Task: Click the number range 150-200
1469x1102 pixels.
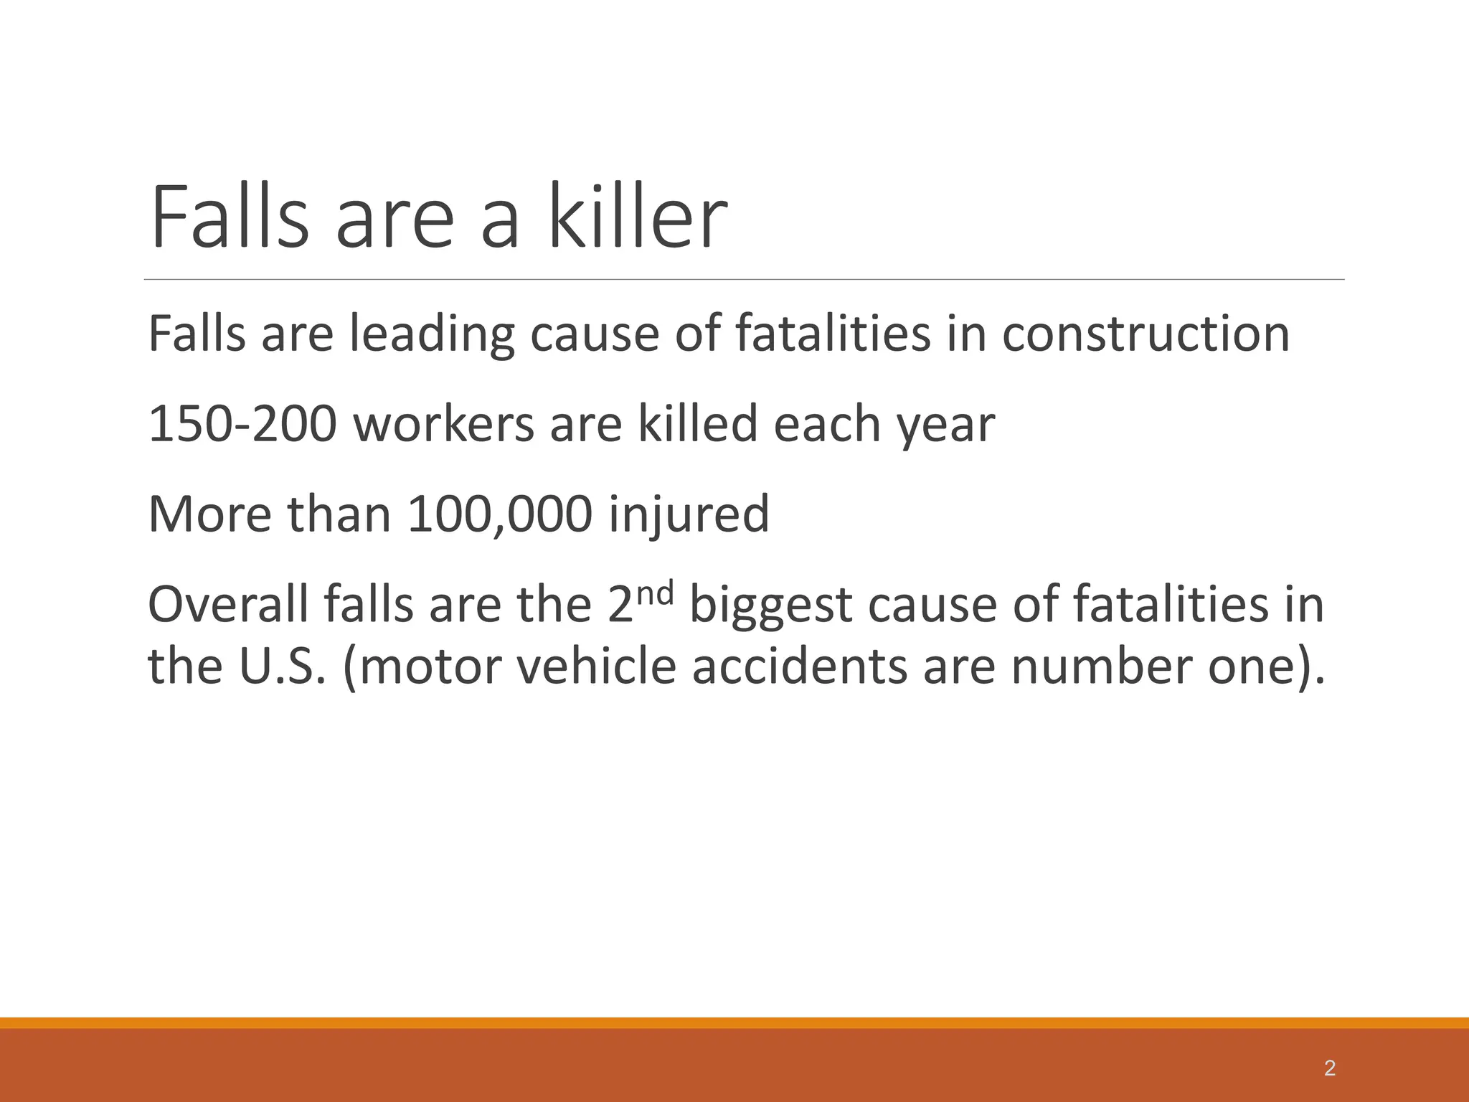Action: (x=242, y=424)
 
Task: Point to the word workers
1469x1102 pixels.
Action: (x=444, y=424)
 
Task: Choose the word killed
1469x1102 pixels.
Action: (x=698, y=424)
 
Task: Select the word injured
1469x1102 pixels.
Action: (x=689, y=515)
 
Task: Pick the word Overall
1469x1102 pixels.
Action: (x=228, y=604)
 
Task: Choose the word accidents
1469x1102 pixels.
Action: (x=799, y=666)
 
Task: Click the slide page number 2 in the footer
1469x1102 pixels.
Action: (x=1329, y=1068)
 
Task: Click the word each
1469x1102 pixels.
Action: (x=820, y=424)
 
